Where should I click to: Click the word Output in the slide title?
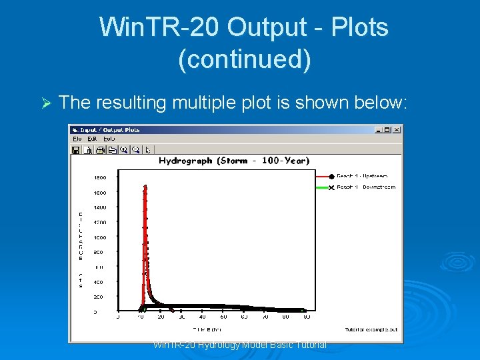pyautogui.click(x=266, y=28)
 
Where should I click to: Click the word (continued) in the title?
pyautogui.click(x=244, y=59)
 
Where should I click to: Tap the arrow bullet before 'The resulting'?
pyautogui.click(x=45, y=103)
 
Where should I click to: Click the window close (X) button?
pyautogui.click(x=397, y=129)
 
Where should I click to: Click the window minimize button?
pyautogui.click(x=380, y=129)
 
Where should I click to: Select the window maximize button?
pyautogui.click(x=388, y=129)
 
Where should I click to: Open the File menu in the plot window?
pyautogui.click(x=77, y=139)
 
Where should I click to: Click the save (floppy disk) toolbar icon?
pyautogui.click(x=76, y=149)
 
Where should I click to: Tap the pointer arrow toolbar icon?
pyautogui.click(x=147, y=149)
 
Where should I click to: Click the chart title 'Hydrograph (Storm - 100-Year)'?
pyautogui.click(x=234, y=161)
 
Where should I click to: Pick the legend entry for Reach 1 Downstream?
pyautogui.click(x=365, y=187)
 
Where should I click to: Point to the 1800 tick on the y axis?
pyautogui.click(x=99, y=177)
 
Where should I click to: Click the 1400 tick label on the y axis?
pyautogui.click(x=99, y=207)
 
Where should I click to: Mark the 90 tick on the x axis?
pyautogui.click(x=306, y=317)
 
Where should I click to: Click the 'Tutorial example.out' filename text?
pyautogui.click(x=371, y=329)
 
